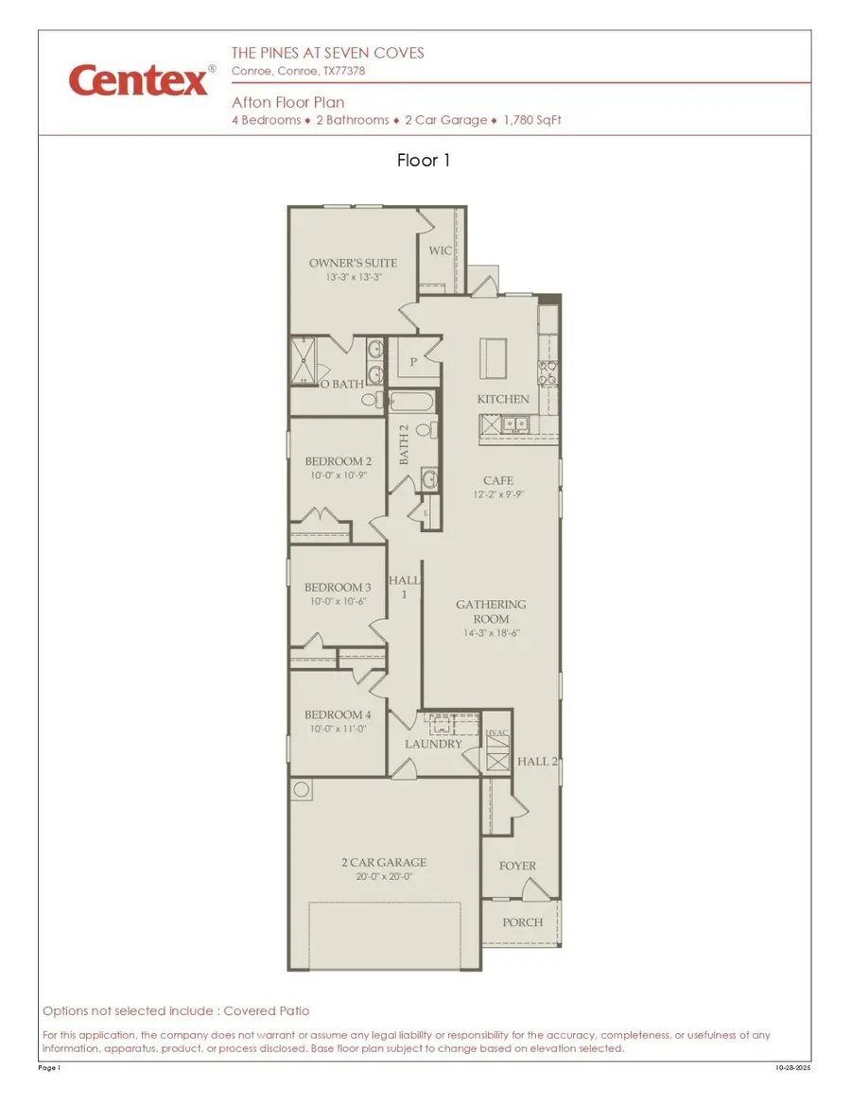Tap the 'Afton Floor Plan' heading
(x=287, y=102)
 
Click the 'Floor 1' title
(x=424, y=161)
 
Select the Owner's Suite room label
(x=353, y=263)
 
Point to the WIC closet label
(x=441, y=250)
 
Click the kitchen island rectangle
(x=493, y=358)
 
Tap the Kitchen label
(x=503, y=399)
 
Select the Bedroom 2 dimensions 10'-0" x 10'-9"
(x=339, y=475)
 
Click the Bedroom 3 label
(x=338, y=588)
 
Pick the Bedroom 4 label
(x=338, y=715)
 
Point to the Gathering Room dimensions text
(x=491, y=633)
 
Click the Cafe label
(x=498, y=481)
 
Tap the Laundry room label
(x=433, y=744)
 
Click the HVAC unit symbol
(x=497, y=761)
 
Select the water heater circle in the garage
(x=302, y=789)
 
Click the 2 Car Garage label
(x=384, y=862)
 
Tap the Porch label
(x=523, y=922)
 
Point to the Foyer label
(x=517, y=866)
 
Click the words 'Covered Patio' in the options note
(x=267, y=1010)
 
